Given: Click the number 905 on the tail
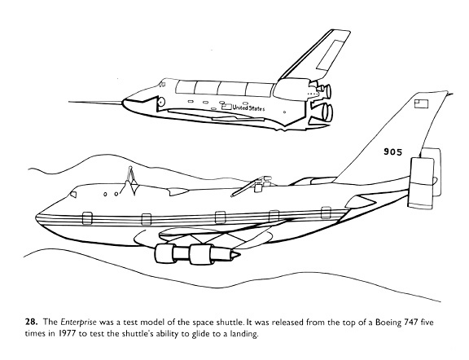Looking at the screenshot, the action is [393, 152].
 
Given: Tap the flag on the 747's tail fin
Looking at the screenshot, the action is [421, 103].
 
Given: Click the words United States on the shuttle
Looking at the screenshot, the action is [248, 108].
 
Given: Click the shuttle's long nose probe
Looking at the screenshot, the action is [96, 103].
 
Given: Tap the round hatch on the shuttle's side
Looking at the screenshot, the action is [161, 102].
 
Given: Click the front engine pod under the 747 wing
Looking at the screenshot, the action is [164, 253].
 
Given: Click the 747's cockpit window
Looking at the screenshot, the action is [73, 195].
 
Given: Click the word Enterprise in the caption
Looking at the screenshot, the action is [79, 323].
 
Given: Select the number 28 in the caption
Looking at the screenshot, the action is [31, 322].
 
